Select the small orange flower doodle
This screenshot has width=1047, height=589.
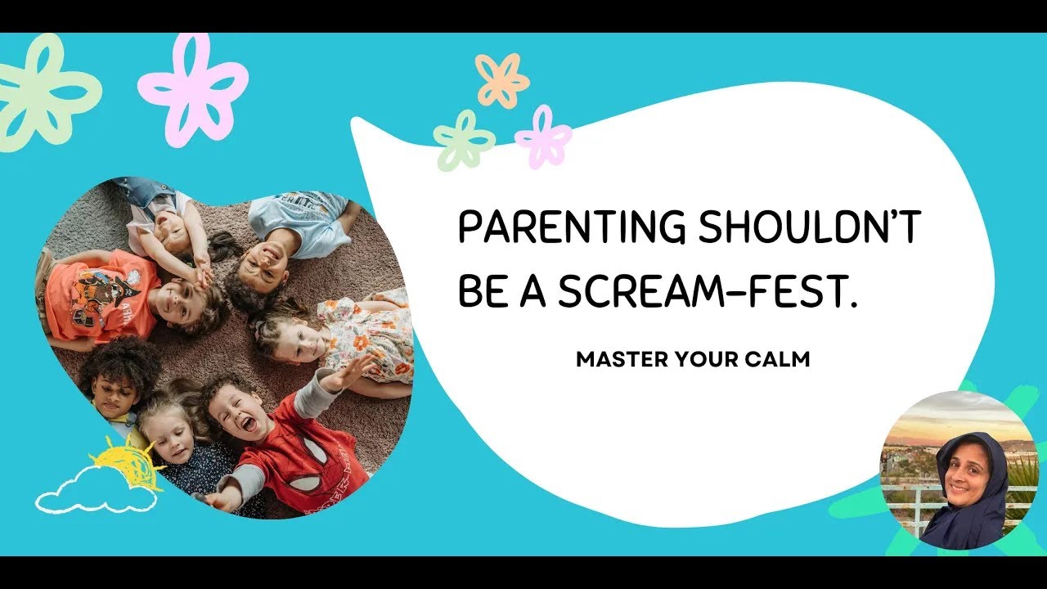point(501,79)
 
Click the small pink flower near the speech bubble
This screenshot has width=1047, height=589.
point(544,137)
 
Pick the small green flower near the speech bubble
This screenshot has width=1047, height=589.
point(464,140)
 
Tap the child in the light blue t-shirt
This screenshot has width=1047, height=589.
point(299,221)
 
